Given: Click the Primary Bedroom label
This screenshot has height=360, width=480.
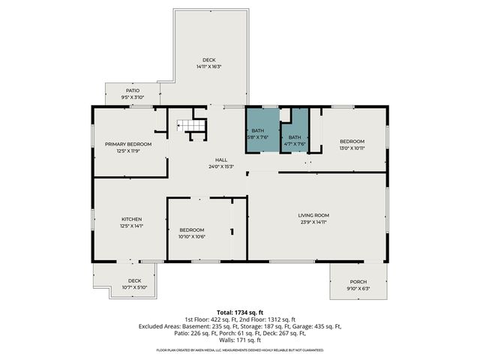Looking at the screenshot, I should [x=128, y=144].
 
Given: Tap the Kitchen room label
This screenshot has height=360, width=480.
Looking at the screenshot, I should [x=131, y=219].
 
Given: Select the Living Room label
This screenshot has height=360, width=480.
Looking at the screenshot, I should [x=313, y=215].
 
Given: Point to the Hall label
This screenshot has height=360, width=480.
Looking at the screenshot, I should [x=221, y=160].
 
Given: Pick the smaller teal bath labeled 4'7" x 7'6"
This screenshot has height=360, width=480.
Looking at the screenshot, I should [x=295, y=137].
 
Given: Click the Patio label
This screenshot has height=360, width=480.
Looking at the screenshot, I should [x=133, y=91].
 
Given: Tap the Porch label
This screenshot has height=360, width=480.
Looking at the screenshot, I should [x=358, y=283].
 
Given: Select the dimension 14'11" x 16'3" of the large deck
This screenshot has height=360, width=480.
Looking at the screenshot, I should [x=209, y=67].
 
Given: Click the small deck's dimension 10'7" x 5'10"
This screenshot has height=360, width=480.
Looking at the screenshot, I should [x=124, y=286].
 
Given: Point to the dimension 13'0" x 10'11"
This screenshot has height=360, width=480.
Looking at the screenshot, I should [x=352, y=148].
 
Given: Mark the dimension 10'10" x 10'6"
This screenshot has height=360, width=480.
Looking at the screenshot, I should [x=192, y=236].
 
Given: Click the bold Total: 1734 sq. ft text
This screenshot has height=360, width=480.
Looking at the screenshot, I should [x=240, y=311].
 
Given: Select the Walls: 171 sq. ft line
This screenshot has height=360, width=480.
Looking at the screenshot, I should [x=240, y=340].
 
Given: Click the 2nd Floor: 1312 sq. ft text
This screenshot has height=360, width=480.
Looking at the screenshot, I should [x=269, y=319].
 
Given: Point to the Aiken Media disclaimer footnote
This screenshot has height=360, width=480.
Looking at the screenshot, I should [x=240, y=350].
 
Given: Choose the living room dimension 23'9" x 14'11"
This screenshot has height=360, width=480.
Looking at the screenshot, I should [x=313, y=222].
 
